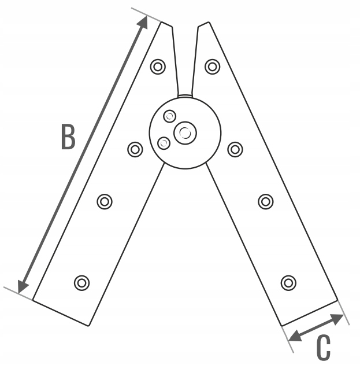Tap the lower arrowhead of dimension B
22,286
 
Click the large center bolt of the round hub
185,133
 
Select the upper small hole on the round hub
169,116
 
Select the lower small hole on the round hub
164,142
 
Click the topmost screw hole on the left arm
158,67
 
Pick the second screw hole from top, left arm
135,149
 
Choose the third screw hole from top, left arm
105,201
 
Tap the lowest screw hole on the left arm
82,282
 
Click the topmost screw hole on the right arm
213,67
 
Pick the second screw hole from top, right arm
235,149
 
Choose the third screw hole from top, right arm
265,201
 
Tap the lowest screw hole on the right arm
288,282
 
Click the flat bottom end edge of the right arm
309,313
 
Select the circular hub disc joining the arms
199,150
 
